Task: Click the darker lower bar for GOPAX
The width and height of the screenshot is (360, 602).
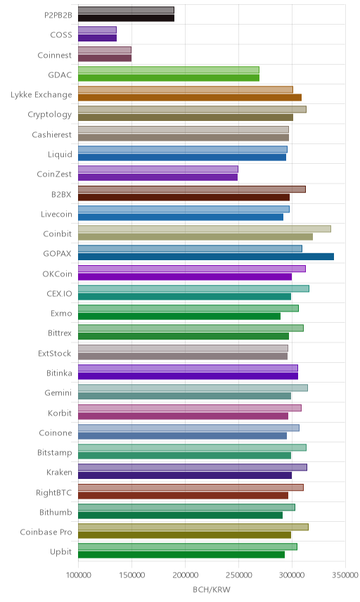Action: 206,257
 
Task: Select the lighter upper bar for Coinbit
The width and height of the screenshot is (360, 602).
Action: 205,229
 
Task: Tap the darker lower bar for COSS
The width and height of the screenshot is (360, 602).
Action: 98,38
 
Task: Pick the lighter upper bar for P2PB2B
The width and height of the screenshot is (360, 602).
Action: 127,11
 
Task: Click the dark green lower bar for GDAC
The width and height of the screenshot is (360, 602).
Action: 169,78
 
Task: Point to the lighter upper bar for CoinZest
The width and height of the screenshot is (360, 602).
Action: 158,169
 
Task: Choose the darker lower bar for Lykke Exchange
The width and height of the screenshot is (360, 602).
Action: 190,98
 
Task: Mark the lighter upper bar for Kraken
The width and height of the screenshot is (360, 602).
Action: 193,467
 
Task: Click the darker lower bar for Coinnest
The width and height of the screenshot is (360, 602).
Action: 105,58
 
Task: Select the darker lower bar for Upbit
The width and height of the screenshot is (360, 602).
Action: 181,555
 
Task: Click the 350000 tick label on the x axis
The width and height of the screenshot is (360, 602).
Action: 345,575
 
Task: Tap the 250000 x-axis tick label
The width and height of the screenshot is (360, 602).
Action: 238,575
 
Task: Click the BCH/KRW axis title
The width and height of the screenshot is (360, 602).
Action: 212,590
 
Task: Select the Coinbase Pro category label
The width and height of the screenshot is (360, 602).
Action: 46,532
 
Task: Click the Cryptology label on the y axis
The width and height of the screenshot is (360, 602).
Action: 50,115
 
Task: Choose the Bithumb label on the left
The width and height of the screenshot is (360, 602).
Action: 56,513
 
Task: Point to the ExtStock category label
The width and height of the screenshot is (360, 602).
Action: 55,354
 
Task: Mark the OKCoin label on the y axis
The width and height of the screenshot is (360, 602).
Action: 57,274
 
